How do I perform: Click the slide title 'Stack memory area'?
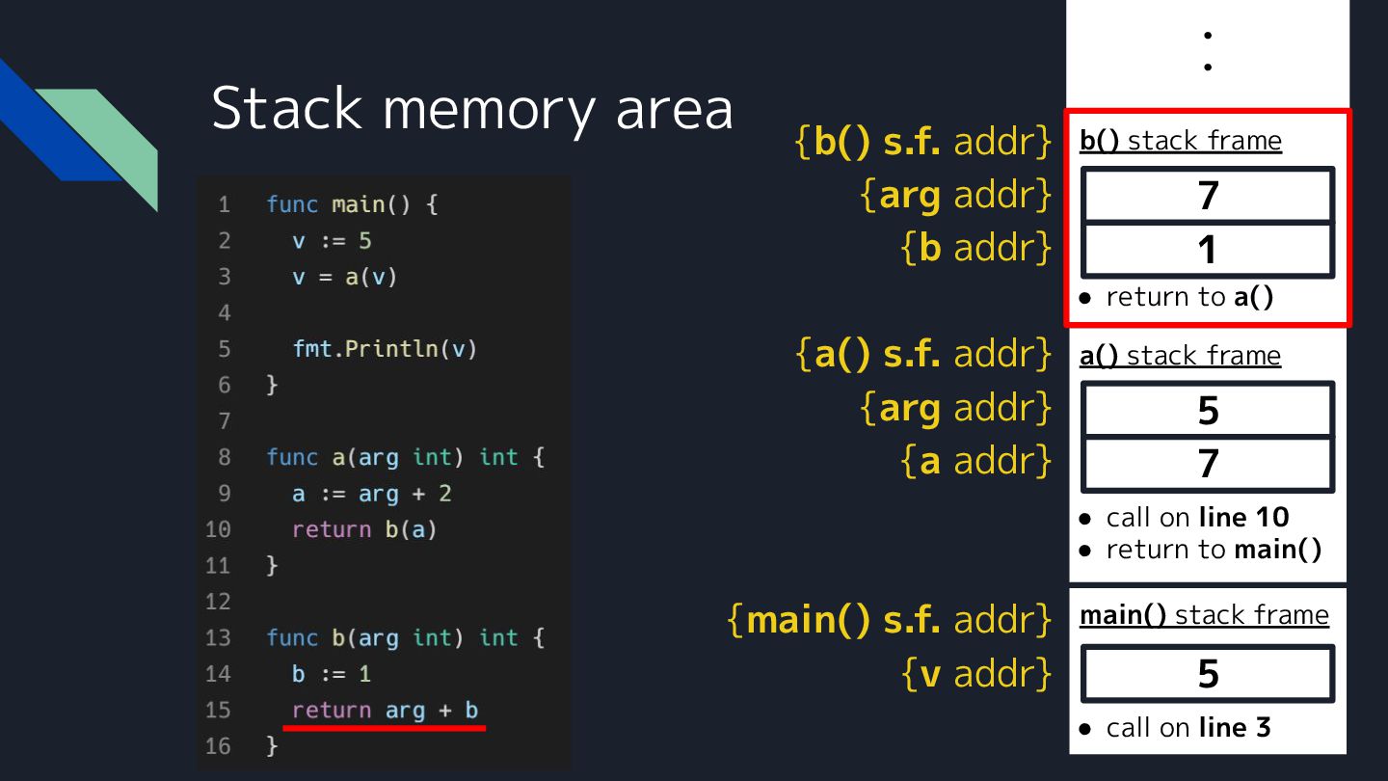tap(472, 108)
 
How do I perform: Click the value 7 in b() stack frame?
tap(1208, 196)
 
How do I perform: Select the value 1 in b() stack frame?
tap(1208, 251)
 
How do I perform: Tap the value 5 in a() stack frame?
tap(1208, 411)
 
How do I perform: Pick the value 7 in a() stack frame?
tap(1208, 465)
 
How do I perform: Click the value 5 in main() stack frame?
tap(1208, 674)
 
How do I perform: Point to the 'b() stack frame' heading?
tap(1181, 141)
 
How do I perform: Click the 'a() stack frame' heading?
tap(1180, 356)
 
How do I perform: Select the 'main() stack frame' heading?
tap(1204, 615)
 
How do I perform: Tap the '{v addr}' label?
tap(976, 674)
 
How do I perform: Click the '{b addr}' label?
tap(976, 248)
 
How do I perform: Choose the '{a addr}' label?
tap(976, 462)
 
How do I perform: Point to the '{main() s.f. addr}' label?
tap(890, 619)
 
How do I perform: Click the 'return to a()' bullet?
tap(1188, 297)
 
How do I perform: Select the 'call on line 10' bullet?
tap(1196, 518)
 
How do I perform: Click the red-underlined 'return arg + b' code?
tap(386, 711)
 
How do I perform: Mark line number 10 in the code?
tap(219, 529)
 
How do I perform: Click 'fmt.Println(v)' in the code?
tap(386, 349)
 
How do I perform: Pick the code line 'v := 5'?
tap(333, 241)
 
